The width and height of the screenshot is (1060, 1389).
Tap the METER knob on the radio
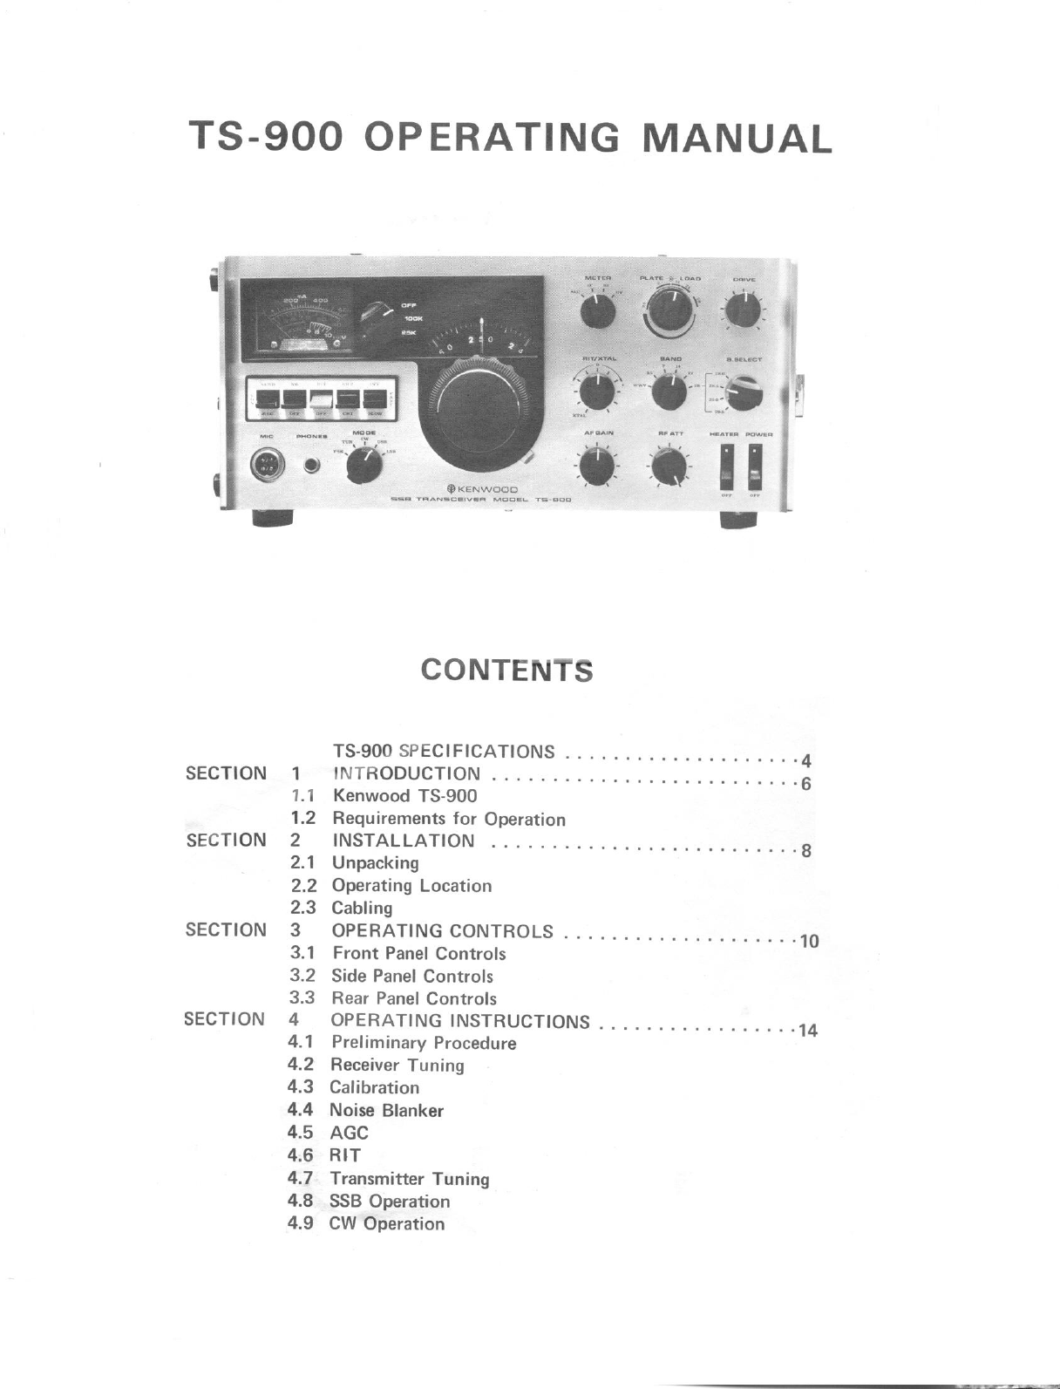598,310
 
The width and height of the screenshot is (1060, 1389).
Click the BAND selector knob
669,392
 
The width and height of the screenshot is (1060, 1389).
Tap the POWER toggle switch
754,466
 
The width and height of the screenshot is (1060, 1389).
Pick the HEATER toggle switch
725,466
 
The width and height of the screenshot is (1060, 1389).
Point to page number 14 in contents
808,1031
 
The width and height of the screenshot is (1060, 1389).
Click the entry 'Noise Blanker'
386,1110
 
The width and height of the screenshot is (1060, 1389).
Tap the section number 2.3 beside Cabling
302,908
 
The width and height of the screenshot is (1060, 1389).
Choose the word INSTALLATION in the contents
404,841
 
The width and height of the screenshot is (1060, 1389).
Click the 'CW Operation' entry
386,1223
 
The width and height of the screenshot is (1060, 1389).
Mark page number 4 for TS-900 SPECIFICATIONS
805,760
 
